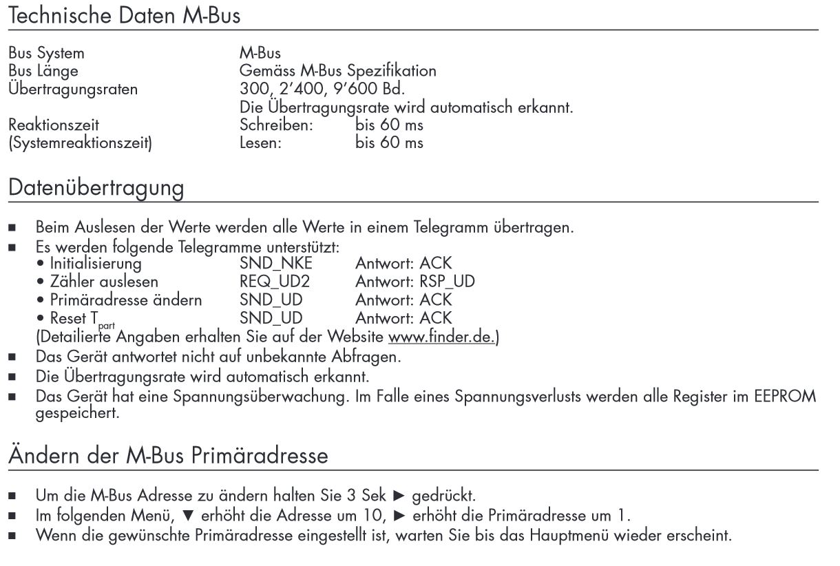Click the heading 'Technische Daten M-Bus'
[x=125, y=14]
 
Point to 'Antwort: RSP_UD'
[x=415, y=282]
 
